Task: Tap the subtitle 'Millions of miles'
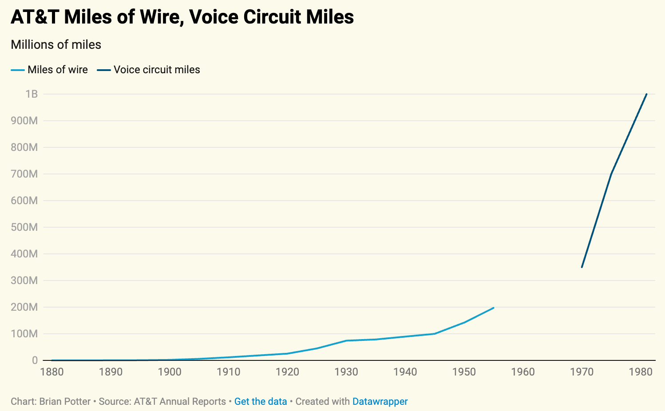coord(56,45)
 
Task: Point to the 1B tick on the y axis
coord(32,94)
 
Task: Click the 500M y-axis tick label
coord(24,227)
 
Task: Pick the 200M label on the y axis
coord(24,307)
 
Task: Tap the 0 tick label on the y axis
coord(35,360)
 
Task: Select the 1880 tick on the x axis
coord(52,372)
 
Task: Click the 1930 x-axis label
coord(346,372)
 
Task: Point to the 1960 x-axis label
coord(523,372)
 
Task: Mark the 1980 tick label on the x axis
coord(641,372)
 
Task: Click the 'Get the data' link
coord(261,402)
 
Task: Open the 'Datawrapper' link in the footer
coord(380,402)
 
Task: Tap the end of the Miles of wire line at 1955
coord(493,308)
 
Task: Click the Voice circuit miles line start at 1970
coord(582,267)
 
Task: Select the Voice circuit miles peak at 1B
coord(646,94)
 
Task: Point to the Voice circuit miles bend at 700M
coord(611,174)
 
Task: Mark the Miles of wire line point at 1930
coord(346,340)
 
